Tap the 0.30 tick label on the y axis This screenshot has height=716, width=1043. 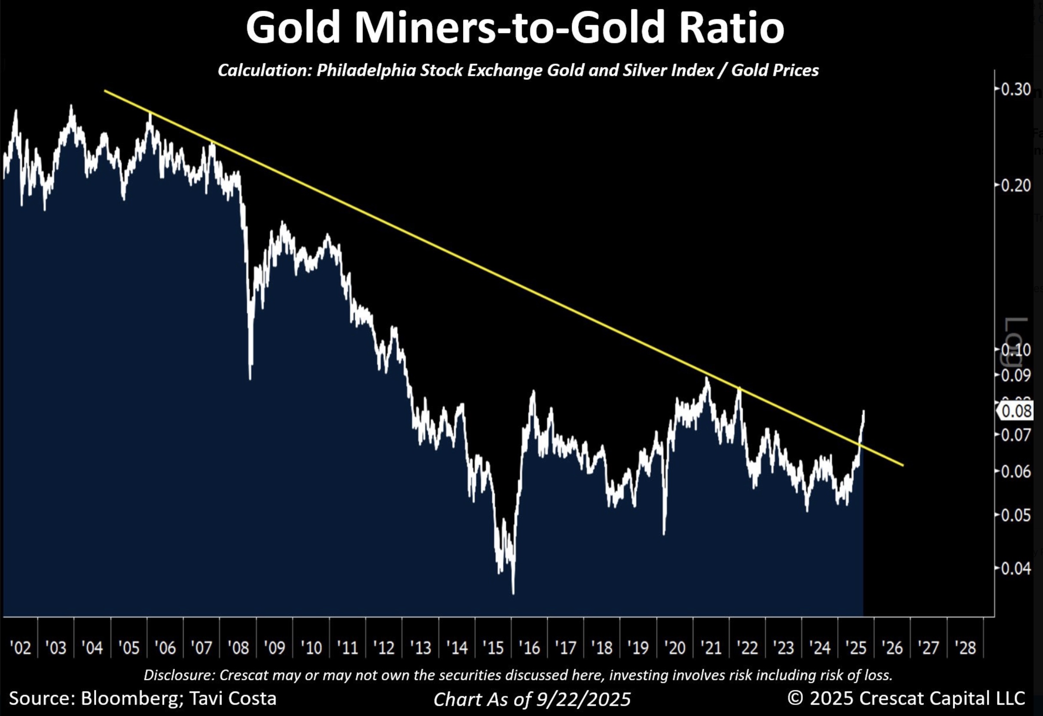1016,89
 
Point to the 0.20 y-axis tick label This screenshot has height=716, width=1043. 1016,185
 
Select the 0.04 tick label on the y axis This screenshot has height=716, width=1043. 1016,569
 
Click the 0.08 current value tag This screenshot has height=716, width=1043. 1016,411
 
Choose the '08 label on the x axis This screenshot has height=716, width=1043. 238,648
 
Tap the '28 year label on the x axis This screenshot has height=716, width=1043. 965,648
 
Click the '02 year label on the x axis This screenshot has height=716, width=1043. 20,648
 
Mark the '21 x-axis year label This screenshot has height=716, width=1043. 711,648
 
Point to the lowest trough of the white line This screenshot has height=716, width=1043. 513,594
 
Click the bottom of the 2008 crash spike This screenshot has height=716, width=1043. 250,379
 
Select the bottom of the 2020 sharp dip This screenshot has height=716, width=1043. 664,534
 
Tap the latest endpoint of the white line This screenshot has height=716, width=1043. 863,411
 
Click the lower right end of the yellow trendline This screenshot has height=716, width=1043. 903,465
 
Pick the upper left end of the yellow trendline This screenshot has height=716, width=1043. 105,91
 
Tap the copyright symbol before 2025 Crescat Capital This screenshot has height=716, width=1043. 795,698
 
